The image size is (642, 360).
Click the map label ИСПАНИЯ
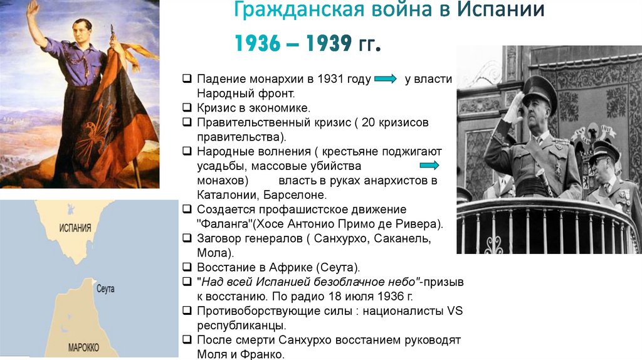[x=75, y=228]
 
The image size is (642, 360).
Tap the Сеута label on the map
[x=106, y=289]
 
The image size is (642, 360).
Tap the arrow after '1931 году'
[x=384, y=79]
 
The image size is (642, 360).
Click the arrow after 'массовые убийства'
[x=428, y=165]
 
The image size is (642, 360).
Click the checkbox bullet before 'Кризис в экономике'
[x=187, y=108]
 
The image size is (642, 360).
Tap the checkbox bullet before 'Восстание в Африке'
[x=187, y=267]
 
